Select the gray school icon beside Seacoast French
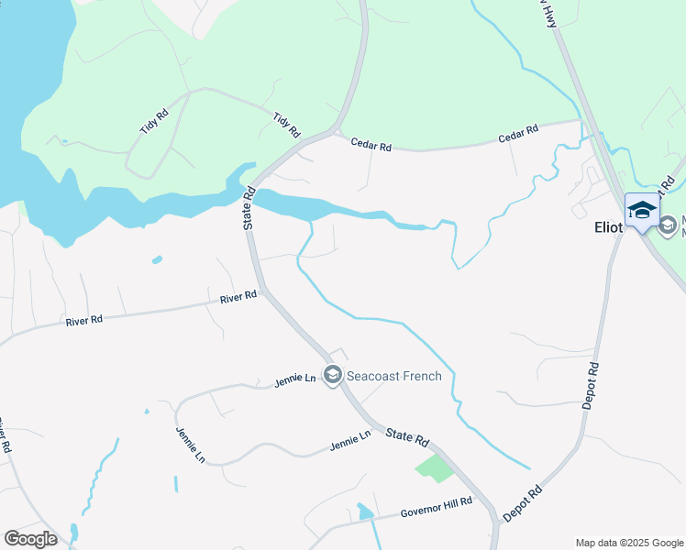coord(332,375)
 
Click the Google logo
coord(30,539)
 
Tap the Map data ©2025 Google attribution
coord(628,543)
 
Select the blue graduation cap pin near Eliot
coord(642,212)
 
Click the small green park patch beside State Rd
coord(435,468)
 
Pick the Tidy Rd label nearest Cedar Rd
coord(287,125)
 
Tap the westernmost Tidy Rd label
coord(154,123)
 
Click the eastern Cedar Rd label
coord(517,137)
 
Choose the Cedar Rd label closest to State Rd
coord(372,145)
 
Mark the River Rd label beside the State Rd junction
coord(238,298)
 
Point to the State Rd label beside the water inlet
coord(248,209)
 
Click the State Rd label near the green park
coord(407,437)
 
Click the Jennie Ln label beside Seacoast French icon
coord(295,379)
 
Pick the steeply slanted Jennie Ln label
coord(190,445)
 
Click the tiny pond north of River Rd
coord(157,260)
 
